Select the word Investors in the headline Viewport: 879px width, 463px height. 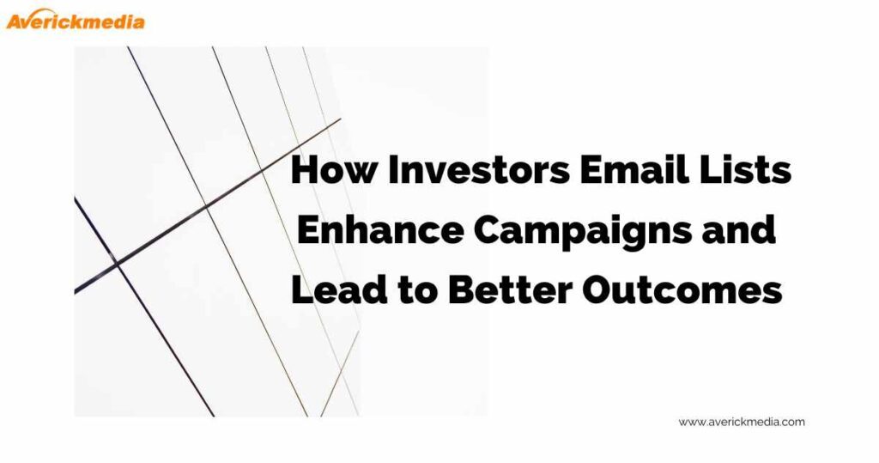click(478, 169)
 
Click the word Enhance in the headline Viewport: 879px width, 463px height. click(380, 230)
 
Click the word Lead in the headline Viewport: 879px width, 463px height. click(339, 289)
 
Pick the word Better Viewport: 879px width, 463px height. click(510, 289)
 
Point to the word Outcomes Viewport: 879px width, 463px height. click(682, 289)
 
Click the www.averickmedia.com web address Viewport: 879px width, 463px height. click(742, 422)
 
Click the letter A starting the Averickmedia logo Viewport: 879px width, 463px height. click(15, 21)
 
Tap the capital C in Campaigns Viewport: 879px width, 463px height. click(490, 230)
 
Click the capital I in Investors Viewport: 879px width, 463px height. click(393, 169)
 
